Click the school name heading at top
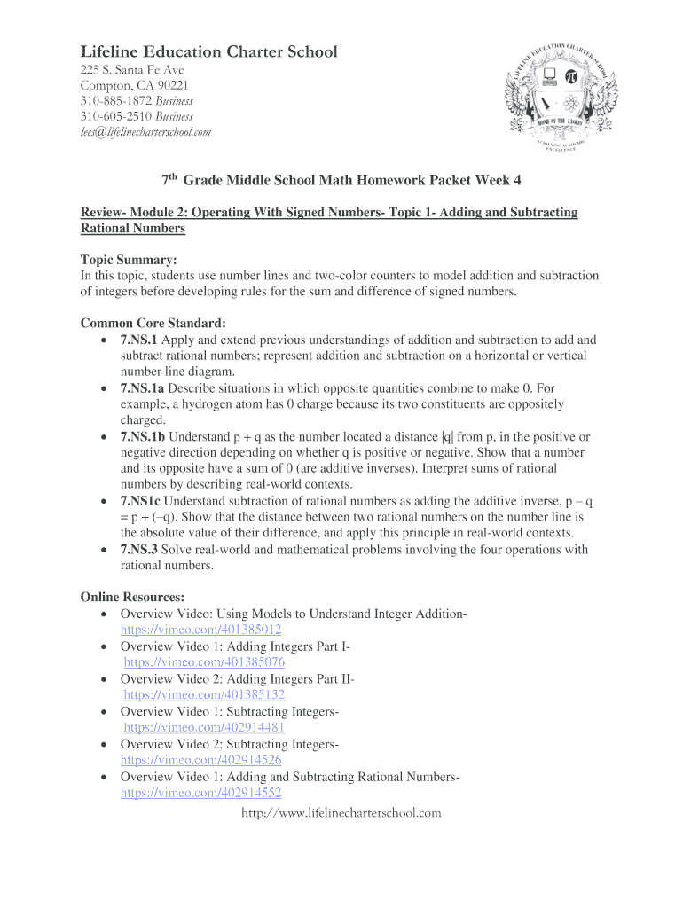click(x=208, y=52)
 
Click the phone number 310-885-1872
click(x=110, y=101)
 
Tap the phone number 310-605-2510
click(x=110, y=116)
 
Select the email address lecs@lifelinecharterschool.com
click(x=145, y=132)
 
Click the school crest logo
click(x=563, y=95)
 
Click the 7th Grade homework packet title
click(x=341, y=180)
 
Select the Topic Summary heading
click(x=129, y=260)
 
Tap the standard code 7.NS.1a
click(x=142, y=388)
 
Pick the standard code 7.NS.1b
click(x=143, y=437)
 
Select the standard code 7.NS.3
click(x=138, y=550)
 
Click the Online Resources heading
click(x=132, y=598)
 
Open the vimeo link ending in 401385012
click(x=200, y=630)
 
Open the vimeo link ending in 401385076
click(x=204, y=662)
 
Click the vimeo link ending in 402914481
click(x=204, y=727)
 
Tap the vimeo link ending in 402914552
click(x=200, y=793)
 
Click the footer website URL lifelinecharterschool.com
click(x=341, y=812)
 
